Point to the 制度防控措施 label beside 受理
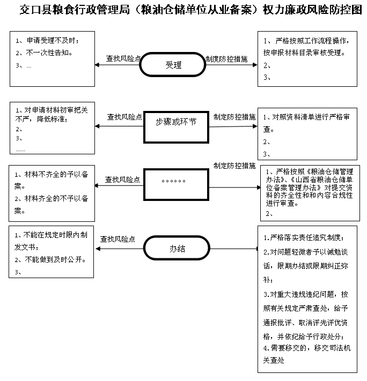coord(226,59)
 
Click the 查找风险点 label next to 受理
coord(123,58)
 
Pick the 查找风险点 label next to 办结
coord(118,239)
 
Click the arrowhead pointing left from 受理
coord(97,65)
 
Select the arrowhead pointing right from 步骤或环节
coord(255,126)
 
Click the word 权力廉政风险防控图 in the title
coord(313,10)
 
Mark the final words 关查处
coord(274,360)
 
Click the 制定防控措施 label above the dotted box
coord(234,166)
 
